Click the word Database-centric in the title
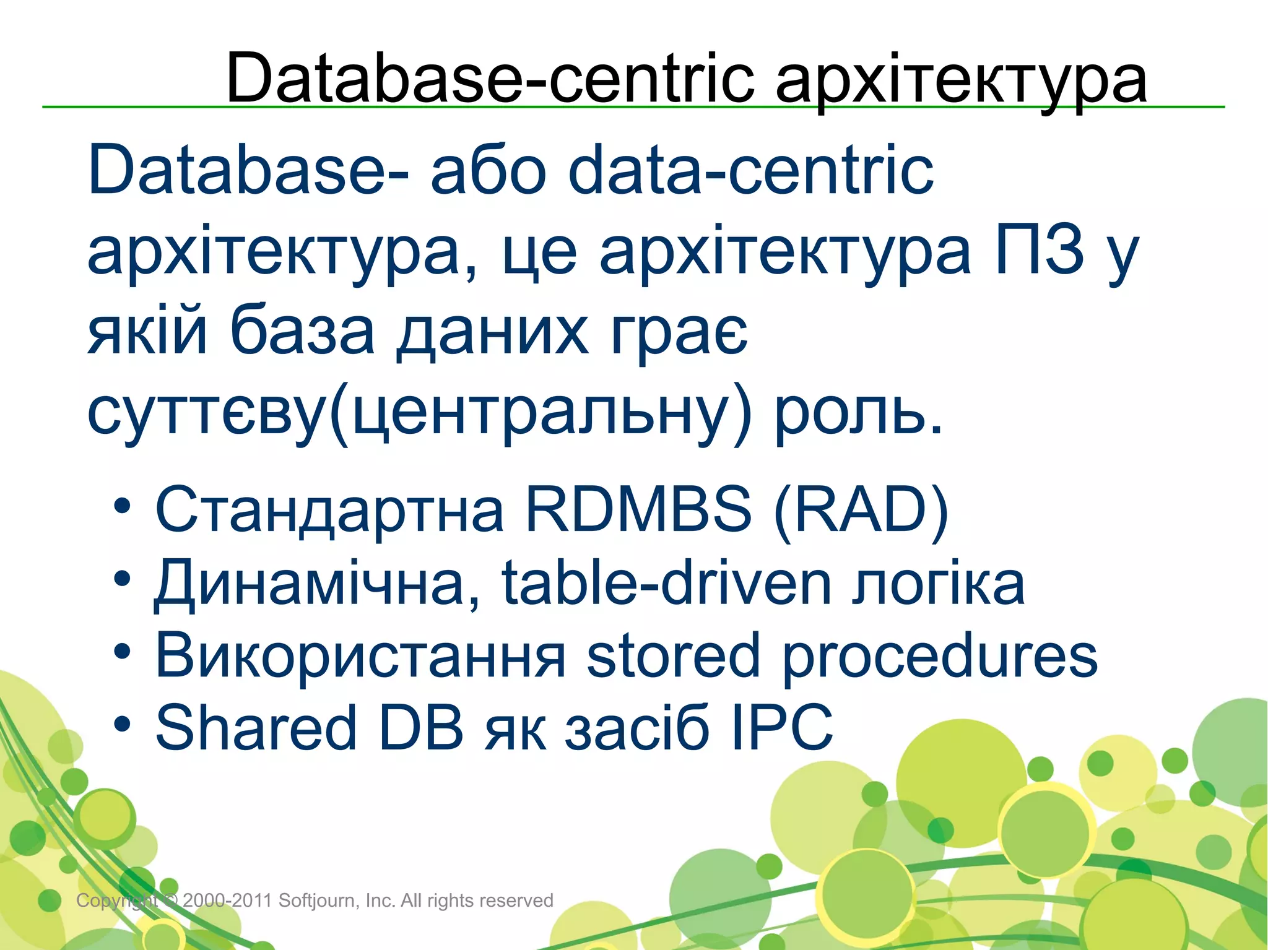pyautogui.click(x=489, y=79)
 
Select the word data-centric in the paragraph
pyautogui.click(x=750, y=170)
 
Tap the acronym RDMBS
pyautogui.click(x=638, y=509)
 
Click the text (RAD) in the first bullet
pyautogui.click(x=861, y=510)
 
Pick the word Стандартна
pyautogui.click(x=329, y=510)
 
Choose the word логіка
pyautogui.click(x=938, y=583)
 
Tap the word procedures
pyautogui.click(x=939, y=656)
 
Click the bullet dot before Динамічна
pyautogui.click(x=122, y=580)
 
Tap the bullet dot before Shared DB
pyautogui.click(x=122, y=724)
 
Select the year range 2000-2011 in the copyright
pyautogui.click(x=228, y=900)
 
